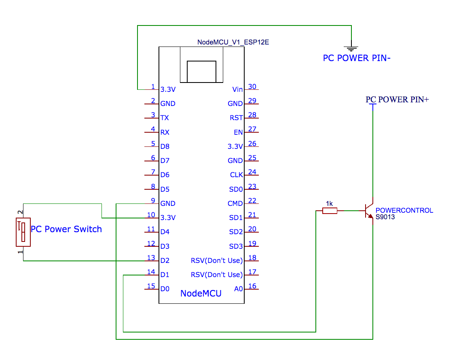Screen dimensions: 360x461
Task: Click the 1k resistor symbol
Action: coord(330,210)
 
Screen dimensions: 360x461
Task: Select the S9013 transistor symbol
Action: coord(369,211)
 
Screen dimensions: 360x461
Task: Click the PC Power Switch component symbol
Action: coord(23,232)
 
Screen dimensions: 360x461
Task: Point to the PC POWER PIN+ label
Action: coord(397,100)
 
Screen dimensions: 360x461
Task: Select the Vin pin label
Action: coord(237,89)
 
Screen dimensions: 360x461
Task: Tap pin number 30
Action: coord(252,86)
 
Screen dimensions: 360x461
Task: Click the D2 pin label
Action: coord(165,260)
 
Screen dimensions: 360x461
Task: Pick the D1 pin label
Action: coord(165,275)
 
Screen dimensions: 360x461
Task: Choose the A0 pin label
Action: coord(239,289)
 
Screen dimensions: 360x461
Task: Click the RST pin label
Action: coord(236,118)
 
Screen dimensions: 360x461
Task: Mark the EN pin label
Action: coord(238,132)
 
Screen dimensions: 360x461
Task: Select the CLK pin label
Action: coord(236,175)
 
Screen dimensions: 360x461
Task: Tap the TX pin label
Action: coord(165,118)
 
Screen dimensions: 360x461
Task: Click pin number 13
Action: coord(151,258)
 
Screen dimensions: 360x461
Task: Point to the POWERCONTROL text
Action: coord(404,210)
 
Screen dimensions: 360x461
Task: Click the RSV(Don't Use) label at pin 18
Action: coord(217,260)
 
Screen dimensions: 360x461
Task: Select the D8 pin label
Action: coord(165,146)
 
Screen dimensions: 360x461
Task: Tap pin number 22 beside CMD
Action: coord(252,201)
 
